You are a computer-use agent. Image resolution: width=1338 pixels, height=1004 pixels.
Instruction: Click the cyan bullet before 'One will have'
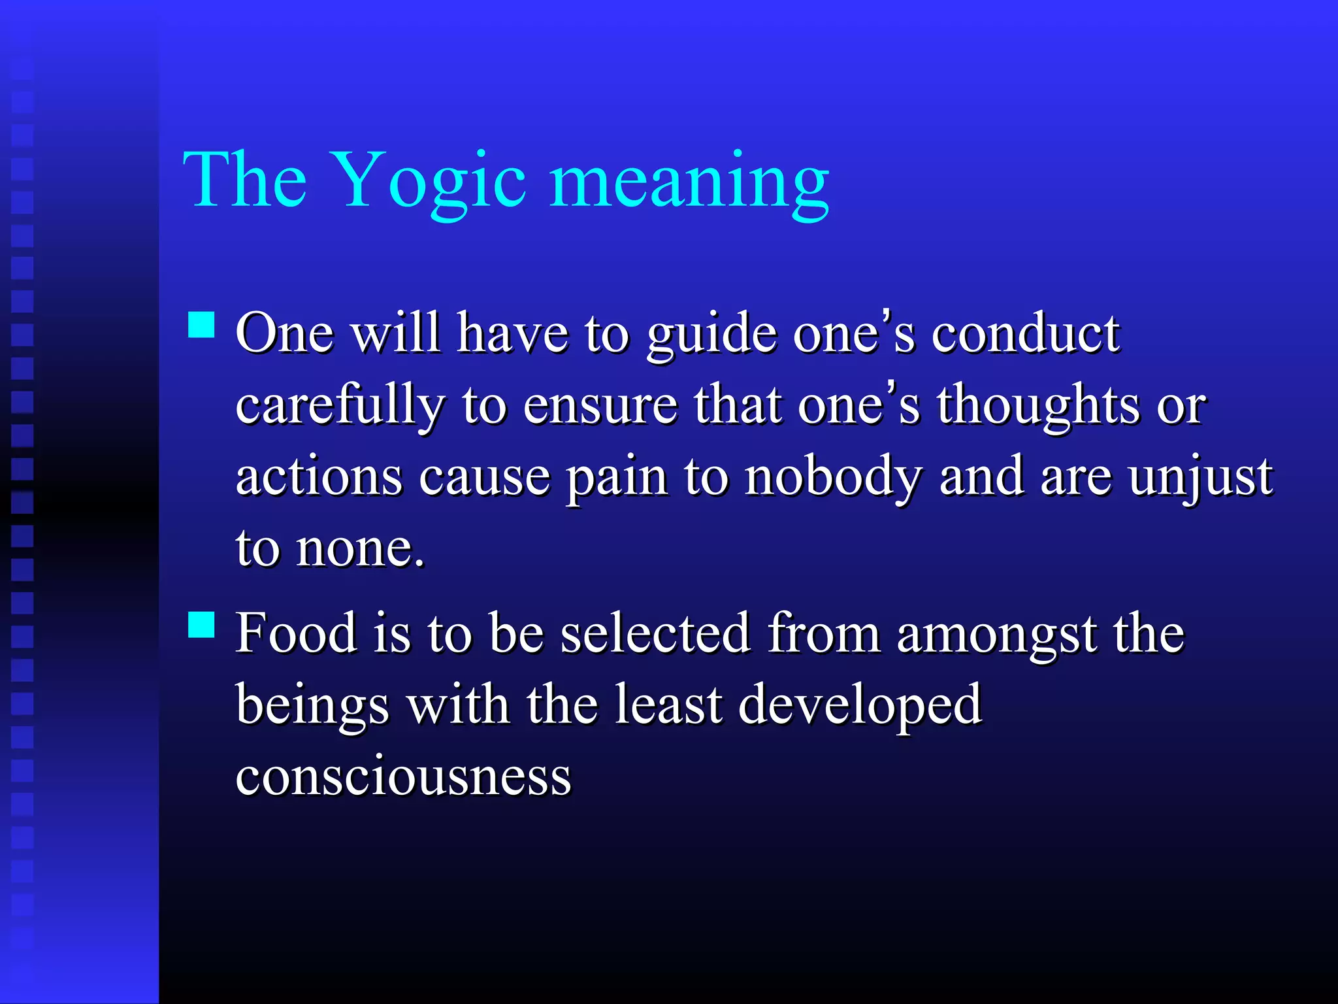(201, 324)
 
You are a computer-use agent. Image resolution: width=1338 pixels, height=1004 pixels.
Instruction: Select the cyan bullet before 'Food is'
(201, 624)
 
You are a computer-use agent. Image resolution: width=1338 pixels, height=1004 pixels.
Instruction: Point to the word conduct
(1026, 335)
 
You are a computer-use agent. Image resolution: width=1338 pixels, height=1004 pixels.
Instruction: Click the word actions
(318, 477)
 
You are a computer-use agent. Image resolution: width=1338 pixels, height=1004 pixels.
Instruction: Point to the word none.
(359, 549)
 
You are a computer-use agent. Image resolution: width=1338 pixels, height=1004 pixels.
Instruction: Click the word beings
(312, 706)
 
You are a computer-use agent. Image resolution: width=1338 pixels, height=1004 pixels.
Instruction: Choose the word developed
(860, 706)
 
